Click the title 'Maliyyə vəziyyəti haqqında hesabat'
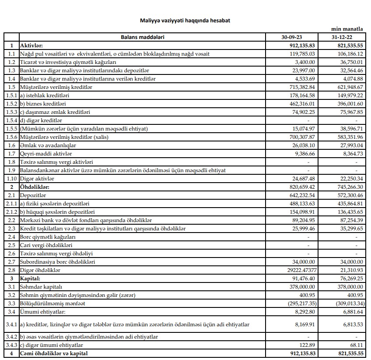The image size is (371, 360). pos(185,21)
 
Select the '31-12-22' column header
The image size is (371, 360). pos(347,37)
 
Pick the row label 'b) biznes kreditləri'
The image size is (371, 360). pos(43,103)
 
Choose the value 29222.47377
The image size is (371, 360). pos(298,270)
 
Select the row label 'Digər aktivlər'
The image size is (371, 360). pos(37,178)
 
